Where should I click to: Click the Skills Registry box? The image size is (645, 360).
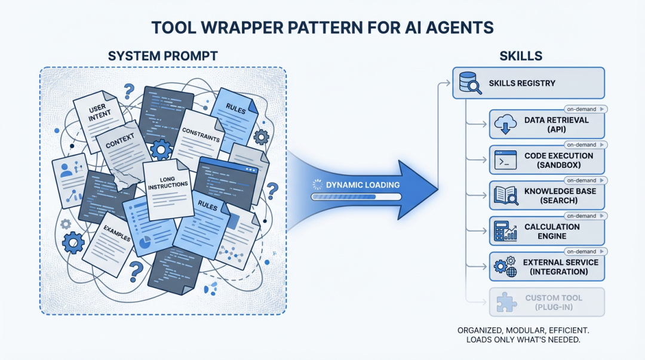tap(529, 82)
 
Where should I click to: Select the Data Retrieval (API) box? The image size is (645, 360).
tap(547, 124)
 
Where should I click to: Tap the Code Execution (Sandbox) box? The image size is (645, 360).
tap(547, 160)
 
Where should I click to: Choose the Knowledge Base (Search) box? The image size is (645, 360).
tap(547, 195)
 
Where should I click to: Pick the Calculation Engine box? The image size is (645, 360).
tap(547, 231)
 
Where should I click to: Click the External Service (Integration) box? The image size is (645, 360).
tap(547, 266)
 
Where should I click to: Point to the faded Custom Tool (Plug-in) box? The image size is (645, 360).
tap(547, 302)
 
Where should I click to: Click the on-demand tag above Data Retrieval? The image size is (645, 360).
tap(585, 109)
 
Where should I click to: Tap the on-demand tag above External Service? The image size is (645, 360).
tap(585, 251)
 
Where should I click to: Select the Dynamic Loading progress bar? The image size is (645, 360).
tap(355, 196)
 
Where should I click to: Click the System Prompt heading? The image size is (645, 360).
tap(162, 56)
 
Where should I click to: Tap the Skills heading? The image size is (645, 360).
tap(520, 56)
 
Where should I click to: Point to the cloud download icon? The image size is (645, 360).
tap(505, 125)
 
